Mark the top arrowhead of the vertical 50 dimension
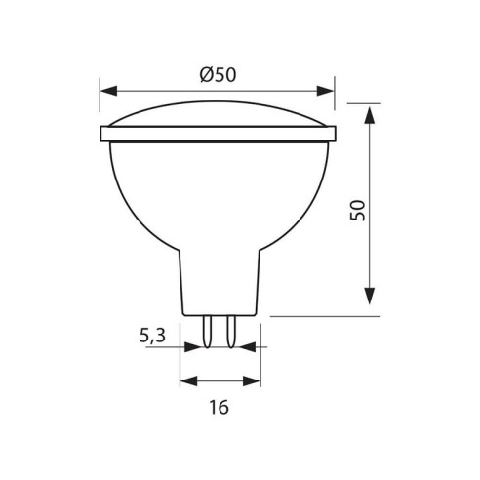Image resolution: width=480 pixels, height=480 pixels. coord(372,114)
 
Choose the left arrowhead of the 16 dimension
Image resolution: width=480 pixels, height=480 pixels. coord(187,380)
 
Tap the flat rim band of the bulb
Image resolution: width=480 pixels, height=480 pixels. coord(219,134)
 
